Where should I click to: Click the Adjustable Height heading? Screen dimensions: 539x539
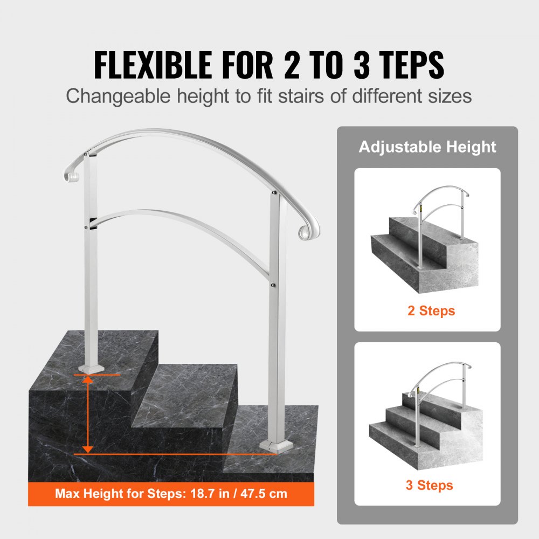click(427, 147)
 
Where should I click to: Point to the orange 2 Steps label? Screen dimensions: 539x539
click(431, 311)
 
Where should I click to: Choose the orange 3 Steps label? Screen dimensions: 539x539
click(430, 485)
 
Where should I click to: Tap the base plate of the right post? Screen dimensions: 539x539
click(274, 445)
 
